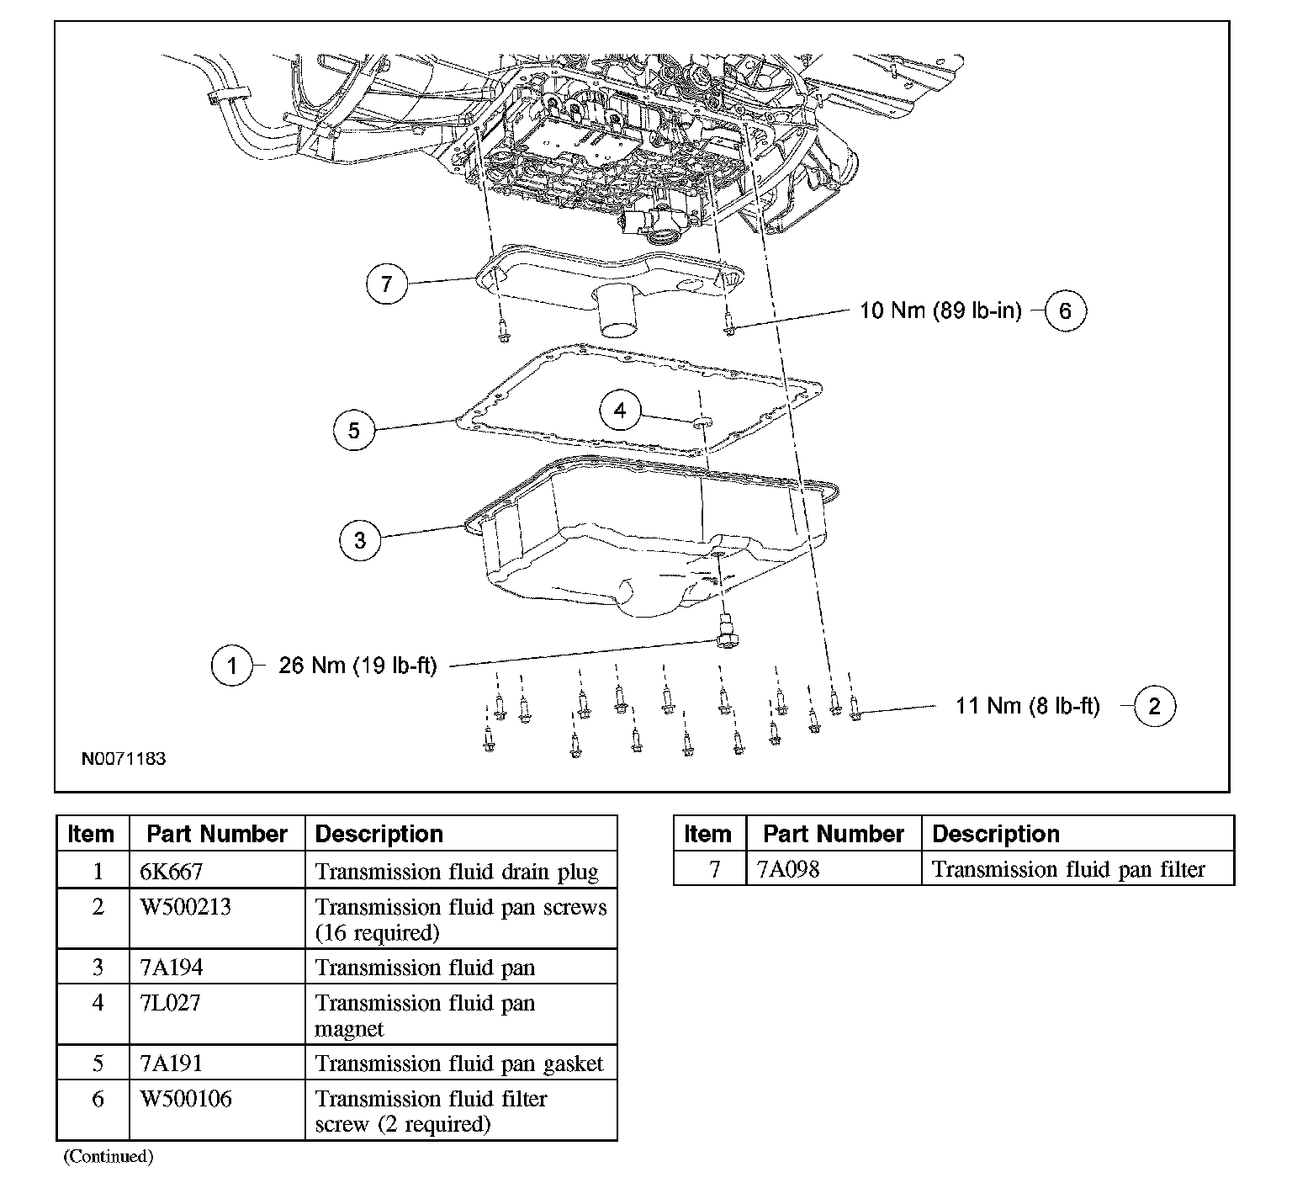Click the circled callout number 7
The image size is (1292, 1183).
386,283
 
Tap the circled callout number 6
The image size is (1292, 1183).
1065,311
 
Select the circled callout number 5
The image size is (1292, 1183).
353,430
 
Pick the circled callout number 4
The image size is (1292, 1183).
620,411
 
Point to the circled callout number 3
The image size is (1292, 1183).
360,539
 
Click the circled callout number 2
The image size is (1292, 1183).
1154,706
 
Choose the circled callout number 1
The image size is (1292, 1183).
231,666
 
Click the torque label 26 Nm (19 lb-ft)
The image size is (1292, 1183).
357,666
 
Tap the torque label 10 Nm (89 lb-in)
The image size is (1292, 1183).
940,310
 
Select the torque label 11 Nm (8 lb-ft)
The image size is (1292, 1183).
1027,705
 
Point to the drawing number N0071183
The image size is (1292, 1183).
124,758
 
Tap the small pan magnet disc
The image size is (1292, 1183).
701,419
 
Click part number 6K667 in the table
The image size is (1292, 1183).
172,871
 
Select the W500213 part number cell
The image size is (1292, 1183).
185,907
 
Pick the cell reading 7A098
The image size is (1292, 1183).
788,869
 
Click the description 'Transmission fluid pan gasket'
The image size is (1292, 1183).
459,1064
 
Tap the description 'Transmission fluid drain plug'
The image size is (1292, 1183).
457,871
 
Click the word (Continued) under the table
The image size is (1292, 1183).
109,1156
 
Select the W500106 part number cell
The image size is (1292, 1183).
186,1099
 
